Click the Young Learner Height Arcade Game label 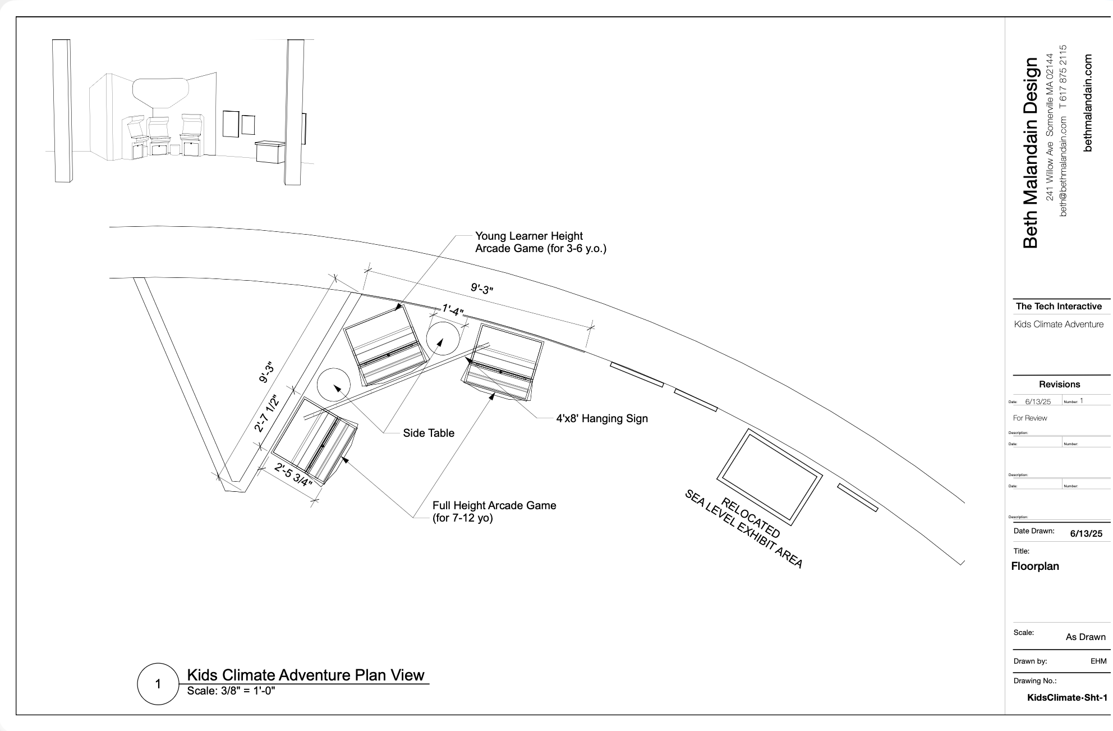[540, 242]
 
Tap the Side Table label [429, 433]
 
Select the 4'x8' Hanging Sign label [602, 418]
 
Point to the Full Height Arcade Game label [494, 511]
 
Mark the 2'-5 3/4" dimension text [293, 475]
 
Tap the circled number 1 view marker [158, 684]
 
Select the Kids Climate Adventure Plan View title [305, 675]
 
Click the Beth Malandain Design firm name [1031, 153]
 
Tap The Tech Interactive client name [1059, 306]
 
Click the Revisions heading [1059, 384]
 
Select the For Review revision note [1030, 418]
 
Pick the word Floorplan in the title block [1035, 566]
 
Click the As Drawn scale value [1086, 637]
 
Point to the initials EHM [1098, 661]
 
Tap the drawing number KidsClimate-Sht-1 [1067, 697]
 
